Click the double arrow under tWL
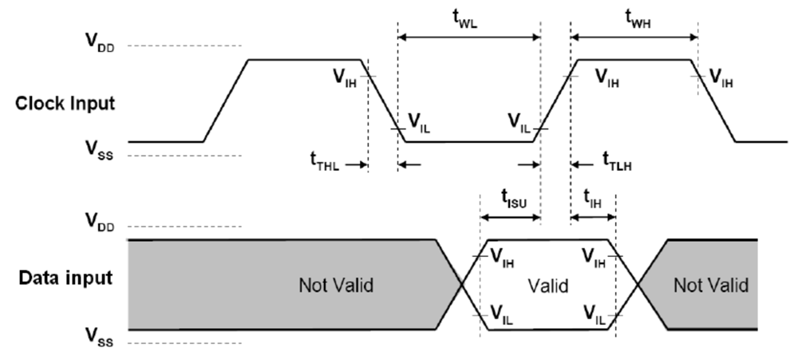tap(468, 37)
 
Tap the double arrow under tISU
tap(510, 216)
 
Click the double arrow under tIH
tap(593, 216)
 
